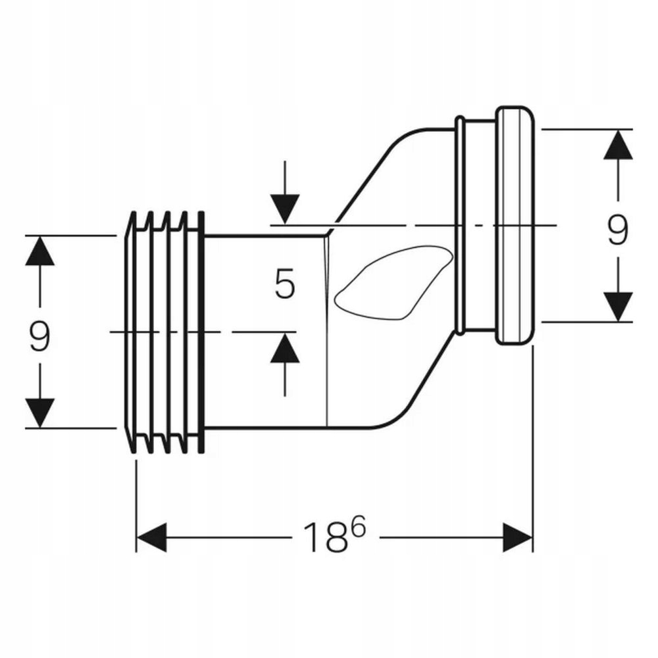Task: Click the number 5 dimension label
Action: [x=285, y=284]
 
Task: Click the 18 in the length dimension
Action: [x=326, y=538]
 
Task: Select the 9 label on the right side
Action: [x=618, y=229]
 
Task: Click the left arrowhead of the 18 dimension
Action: [x=151, y=537]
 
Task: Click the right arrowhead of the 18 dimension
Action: [x=517, y=537]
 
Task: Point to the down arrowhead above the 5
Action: [x=285, y=209]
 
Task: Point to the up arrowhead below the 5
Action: [x=285, y=348]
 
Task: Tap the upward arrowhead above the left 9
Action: [x=40, y=251]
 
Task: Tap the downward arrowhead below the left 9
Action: [x=40, y=413]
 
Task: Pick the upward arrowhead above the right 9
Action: [x=618, y=144]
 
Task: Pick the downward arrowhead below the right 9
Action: [x=618, y=307]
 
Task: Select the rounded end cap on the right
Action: [x=515, y=225]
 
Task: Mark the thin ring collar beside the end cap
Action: [x=459, y=225]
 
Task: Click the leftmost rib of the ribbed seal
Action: [x=131, y=332]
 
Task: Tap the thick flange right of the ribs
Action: [x=201, y=332]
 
